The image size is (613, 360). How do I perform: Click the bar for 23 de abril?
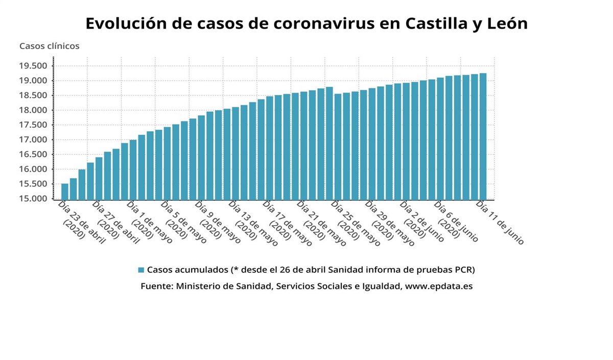coord(65,191)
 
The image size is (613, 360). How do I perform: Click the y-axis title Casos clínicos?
coord(50,46)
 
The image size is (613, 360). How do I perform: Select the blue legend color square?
coord(142,270)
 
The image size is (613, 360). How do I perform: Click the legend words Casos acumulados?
coord(187,270)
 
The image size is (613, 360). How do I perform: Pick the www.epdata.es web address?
coord(438,286)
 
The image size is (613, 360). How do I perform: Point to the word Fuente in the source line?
coord(155,286)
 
